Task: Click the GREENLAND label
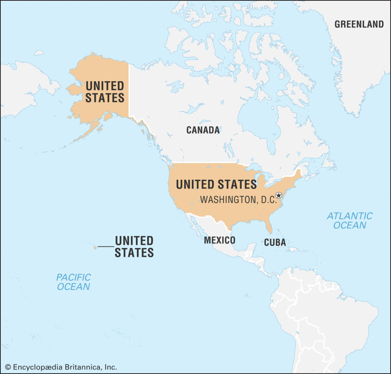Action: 359,24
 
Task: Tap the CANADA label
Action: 203,130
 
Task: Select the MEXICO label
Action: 219,240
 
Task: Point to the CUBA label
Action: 275,242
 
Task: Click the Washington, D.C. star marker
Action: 279,195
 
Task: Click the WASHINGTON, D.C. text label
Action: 238,200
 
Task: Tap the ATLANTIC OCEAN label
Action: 349,220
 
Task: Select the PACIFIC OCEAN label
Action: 74,282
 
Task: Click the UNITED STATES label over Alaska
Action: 105,92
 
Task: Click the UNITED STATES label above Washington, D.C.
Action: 216,185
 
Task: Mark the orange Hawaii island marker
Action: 95,247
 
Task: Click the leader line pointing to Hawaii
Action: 106,247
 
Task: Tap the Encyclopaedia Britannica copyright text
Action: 61,367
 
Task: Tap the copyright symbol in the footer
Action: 8,367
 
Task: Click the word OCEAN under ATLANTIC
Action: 349,225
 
